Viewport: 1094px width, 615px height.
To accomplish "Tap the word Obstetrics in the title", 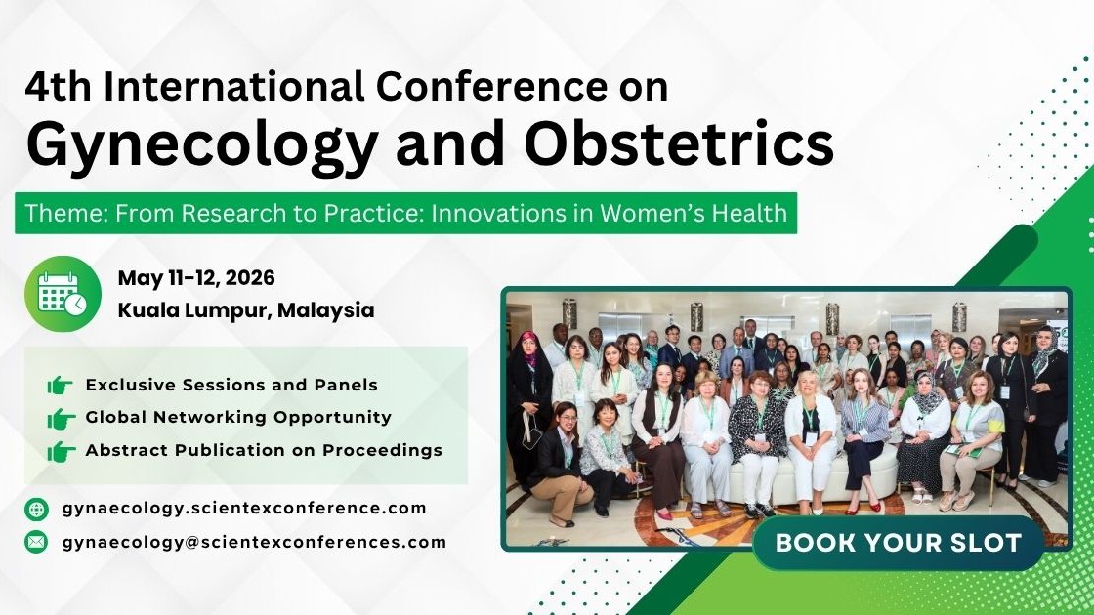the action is pos(679,143).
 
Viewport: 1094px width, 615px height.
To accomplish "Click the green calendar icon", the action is pos(63,294).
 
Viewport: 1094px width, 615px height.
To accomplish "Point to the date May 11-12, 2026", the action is pos(196,278).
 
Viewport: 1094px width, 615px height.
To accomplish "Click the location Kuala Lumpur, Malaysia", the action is pos(245,310).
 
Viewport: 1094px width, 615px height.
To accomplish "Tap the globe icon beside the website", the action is pos(36,509).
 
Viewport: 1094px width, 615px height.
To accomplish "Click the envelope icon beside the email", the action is pos(36,542).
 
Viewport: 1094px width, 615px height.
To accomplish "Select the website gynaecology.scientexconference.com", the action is pos(244,509).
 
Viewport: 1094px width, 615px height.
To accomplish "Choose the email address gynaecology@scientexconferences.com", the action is pos(254,543).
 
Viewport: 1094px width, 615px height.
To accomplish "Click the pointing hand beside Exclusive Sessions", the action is pos(61,385).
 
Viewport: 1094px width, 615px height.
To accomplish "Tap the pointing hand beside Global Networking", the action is pos(61,419).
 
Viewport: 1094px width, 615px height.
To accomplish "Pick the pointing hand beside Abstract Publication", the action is pos(61,452).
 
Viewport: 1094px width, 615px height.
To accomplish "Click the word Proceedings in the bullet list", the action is pos(382,451).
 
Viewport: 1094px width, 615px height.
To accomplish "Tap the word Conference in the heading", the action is pos(492,87).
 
